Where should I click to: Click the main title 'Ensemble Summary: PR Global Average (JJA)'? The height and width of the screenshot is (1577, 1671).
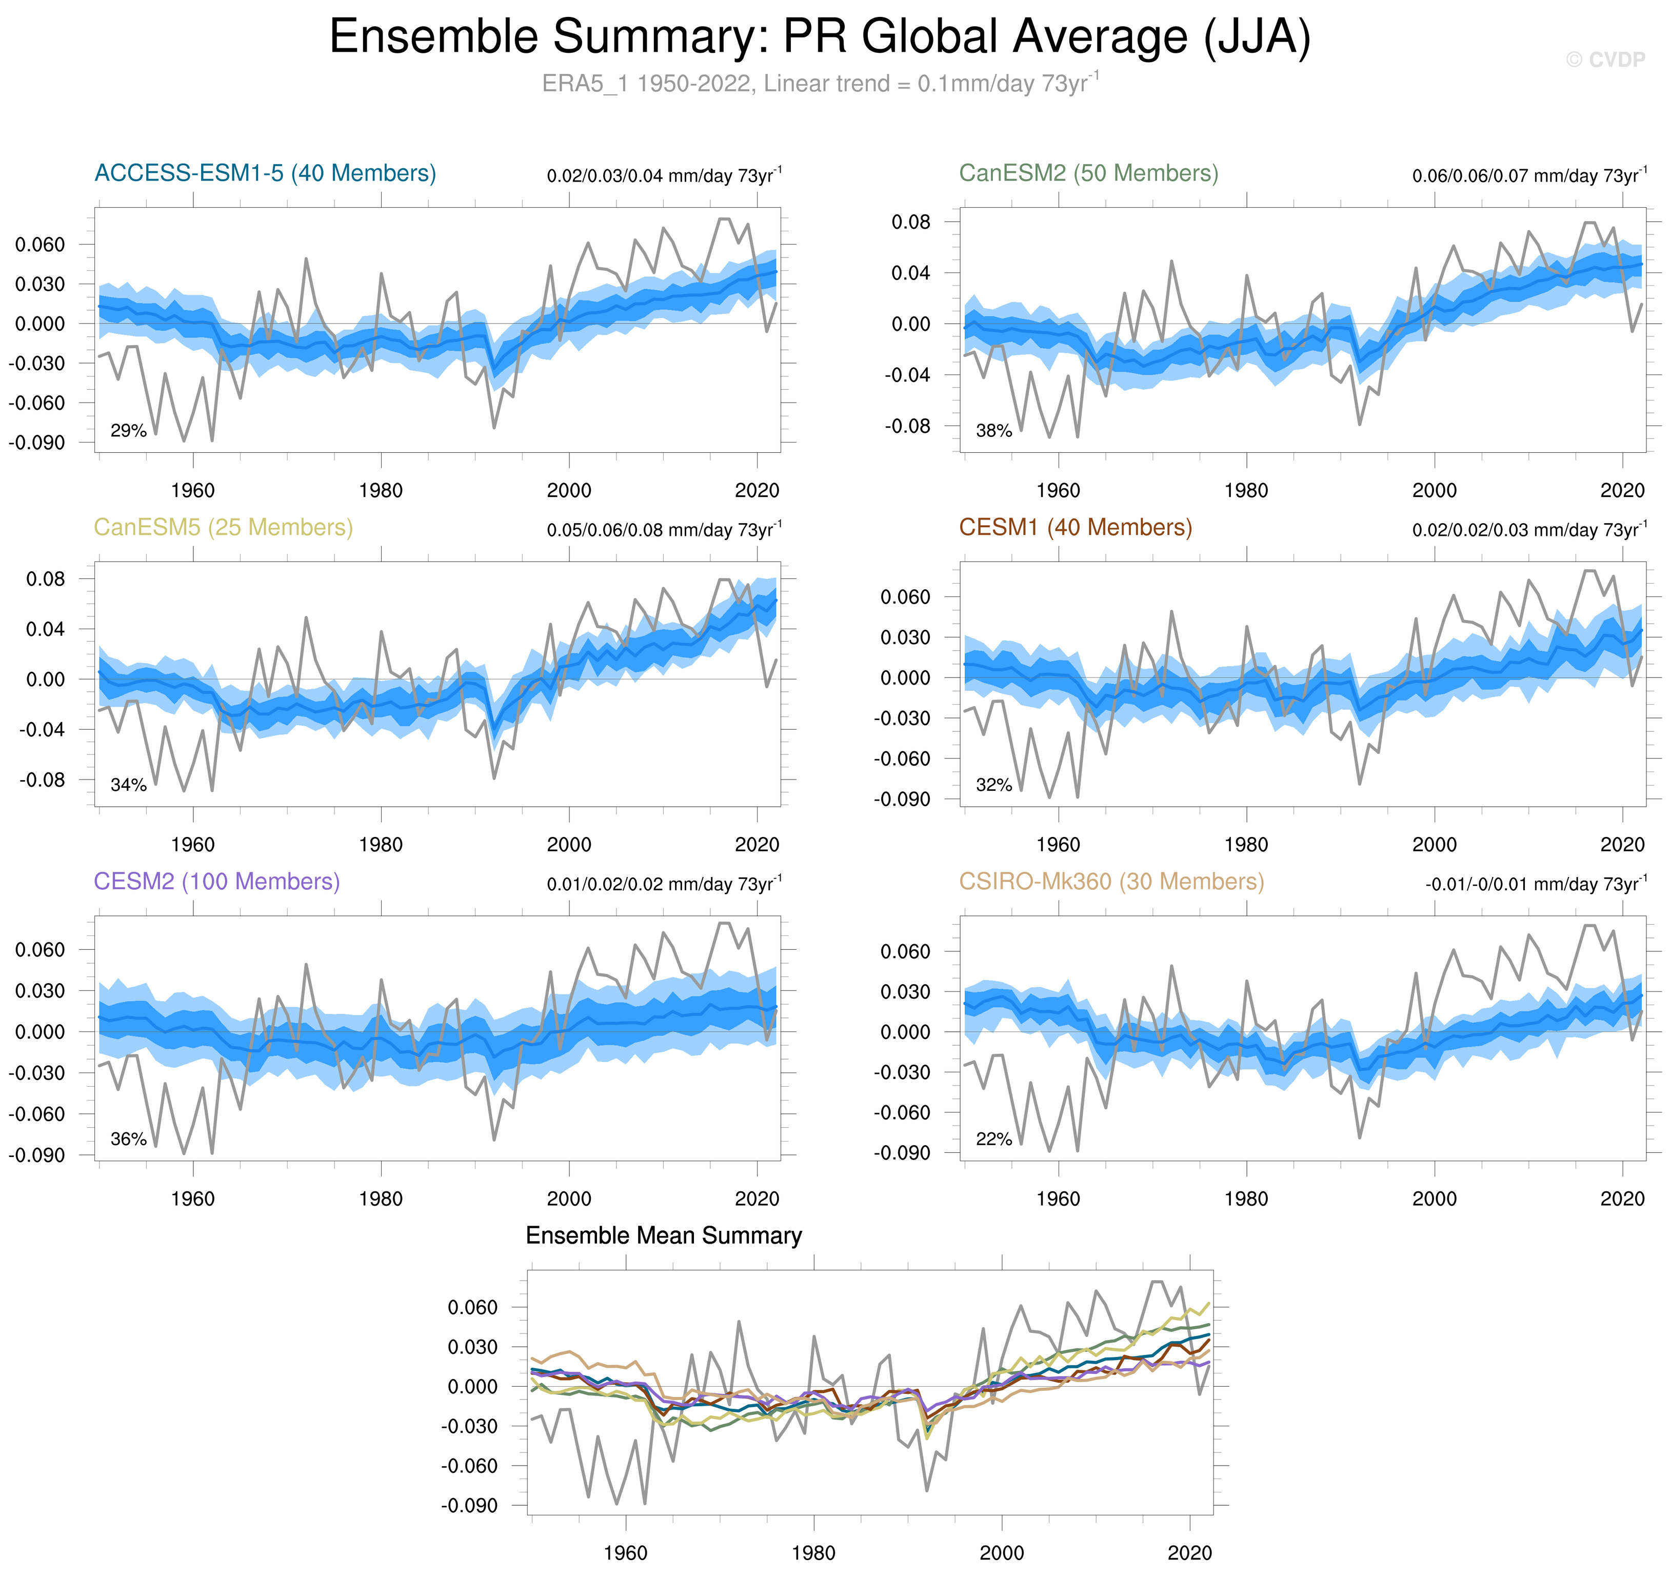(820, 38)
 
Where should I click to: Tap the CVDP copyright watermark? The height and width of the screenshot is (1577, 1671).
(1605, 59)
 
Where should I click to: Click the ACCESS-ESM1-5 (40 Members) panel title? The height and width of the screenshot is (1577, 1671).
(265, 173)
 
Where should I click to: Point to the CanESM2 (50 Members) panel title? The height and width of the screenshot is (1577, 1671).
(1088, 173)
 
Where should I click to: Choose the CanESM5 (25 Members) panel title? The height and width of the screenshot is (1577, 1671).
(223, 528)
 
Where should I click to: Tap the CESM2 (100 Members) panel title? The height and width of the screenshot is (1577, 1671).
(217, 882)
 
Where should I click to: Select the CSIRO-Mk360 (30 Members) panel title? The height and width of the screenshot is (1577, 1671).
(1111, 882)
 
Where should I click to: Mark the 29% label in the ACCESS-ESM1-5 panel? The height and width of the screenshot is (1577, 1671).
(129, 431)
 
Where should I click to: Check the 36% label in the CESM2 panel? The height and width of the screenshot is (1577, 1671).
(129, 1140)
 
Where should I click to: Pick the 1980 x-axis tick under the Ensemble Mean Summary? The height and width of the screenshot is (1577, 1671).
(813, 1552)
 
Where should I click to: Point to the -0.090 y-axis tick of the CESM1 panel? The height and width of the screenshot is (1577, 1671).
(902, 800)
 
